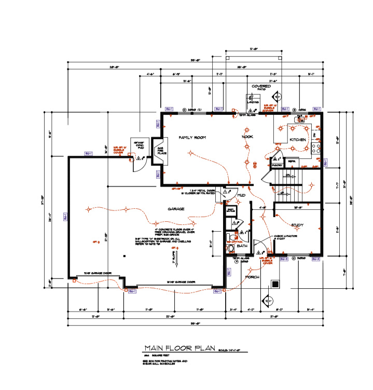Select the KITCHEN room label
click(x=298, y=140)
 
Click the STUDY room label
click(x=297, y=225)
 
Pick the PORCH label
click(x=252, y=277)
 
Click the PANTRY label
click(x=277, y=164)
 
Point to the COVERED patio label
click(x=261, y=86)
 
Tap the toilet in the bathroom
click(x=231, y=247)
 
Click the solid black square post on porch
click(x=275, y=284)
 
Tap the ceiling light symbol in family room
click(x=191, y=153)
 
